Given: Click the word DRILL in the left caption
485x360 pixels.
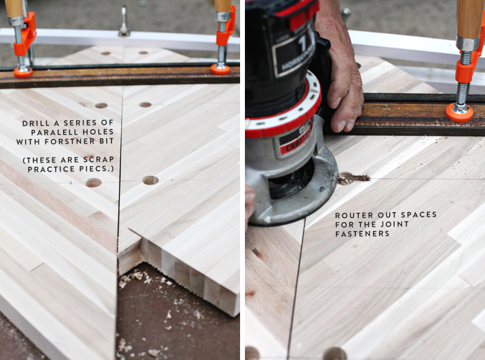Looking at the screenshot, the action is point(33,123).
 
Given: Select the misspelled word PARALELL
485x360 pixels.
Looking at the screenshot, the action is point(53,132).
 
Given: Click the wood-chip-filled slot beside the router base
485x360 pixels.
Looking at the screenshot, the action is point(353,178).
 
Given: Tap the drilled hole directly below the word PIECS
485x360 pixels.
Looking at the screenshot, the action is point(93,183).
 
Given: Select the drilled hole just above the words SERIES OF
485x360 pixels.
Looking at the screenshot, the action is point(101,106).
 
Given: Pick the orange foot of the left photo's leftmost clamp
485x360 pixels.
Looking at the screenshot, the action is point(23,72).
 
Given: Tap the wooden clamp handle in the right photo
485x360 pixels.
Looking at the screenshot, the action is point(469,19).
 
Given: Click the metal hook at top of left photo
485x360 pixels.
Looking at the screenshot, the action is point(124,21).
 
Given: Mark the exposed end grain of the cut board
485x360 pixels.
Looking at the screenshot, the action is point(189,277).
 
